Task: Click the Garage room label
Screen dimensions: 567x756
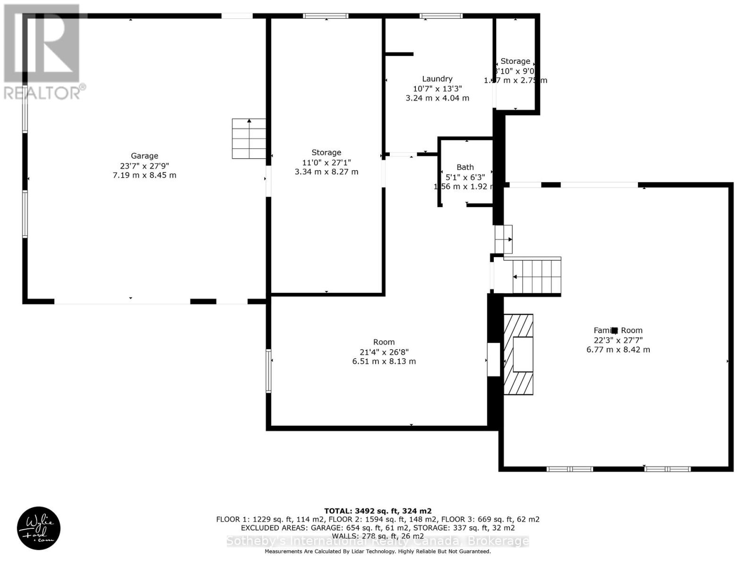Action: [x=145, y=156]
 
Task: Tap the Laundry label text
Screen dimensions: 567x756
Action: [x=437, y=79]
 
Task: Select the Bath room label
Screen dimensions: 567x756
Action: [x=465, y=167]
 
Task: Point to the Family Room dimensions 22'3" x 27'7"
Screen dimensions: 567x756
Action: [x=618, y=340]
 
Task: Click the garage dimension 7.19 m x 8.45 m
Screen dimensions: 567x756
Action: [x=145, y=175]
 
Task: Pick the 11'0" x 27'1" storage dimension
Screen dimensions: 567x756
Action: [x=326, y=162]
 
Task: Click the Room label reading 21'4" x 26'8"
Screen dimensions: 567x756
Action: [x=384, y=352]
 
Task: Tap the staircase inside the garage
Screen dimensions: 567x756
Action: [x=249, y=139]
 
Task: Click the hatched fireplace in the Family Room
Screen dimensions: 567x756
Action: [x=518, y=354]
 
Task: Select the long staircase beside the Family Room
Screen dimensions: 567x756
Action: [x=537, y=277]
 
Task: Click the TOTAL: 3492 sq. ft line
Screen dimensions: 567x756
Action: [x=378, y=511]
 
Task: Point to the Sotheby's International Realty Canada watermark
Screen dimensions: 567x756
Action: [x=378, y=541]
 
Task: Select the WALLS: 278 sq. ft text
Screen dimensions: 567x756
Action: [x=378, y=536]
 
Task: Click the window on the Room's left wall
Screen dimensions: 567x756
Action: [x=268, y=371]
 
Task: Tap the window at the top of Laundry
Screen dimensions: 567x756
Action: [x=441, y=16]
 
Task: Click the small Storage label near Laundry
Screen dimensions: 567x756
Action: [x=515, y=61]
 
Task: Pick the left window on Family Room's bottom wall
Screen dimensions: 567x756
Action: [x=569, y=469]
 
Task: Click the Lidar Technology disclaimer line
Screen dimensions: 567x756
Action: [x=378, y=551]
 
